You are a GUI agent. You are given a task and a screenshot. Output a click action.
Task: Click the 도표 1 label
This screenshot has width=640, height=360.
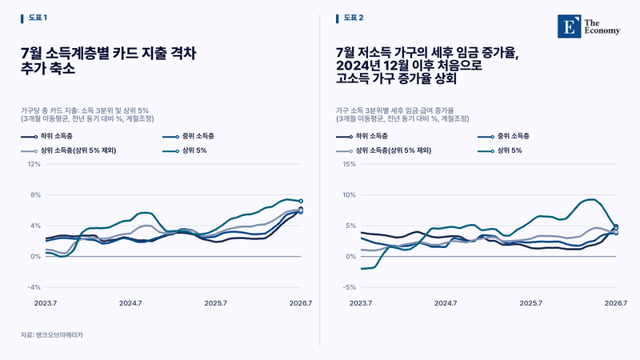(x=38, y=18)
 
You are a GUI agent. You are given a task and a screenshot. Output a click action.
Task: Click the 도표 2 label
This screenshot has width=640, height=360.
(x=354, y=18)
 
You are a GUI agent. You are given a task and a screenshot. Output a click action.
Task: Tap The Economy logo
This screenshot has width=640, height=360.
(x=589, y=26)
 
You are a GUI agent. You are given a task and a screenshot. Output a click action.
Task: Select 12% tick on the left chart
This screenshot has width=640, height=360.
(x=34, y=164)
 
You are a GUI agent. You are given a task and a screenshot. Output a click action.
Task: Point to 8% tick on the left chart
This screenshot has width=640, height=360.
(x=36, y=195)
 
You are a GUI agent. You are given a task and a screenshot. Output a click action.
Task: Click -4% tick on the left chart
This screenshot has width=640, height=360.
(x=34, y=287)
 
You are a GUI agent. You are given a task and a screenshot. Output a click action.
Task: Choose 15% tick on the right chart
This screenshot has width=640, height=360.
(x=350, y=164)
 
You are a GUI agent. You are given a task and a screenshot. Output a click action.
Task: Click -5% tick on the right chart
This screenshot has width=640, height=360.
(x=350, y=287)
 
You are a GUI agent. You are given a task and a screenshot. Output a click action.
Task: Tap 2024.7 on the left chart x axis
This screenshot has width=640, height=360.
(x=130, y=303)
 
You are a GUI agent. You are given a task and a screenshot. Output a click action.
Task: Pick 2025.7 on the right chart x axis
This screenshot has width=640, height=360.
(x=530, y=303)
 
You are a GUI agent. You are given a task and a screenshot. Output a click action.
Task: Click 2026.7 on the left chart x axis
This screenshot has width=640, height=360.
(x=301, y=303)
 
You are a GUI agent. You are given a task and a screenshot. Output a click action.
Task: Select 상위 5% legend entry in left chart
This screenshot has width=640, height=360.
(x=185, y=150)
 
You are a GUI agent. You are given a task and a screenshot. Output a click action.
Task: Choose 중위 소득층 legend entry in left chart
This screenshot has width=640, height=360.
(x=188, y=136)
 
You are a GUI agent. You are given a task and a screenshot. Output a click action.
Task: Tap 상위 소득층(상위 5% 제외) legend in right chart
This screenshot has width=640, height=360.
(x=384, y=150)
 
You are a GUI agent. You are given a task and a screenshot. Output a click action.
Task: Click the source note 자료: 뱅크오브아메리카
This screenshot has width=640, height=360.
(x=52, y=334)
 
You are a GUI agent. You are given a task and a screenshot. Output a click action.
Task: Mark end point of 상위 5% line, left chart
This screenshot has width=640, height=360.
(x=301, y=201)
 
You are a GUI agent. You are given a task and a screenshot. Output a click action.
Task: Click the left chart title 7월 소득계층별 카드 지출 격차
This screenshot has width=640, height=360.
(x=109, y=54)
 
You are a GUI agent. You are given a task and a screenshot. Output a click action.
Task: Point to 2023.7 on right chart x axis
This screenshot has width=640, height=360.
(x=361, y=303)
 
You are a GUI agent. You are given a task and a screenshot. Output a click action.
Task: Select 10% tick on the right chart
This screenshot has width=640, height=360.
(x=350, y=195)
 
